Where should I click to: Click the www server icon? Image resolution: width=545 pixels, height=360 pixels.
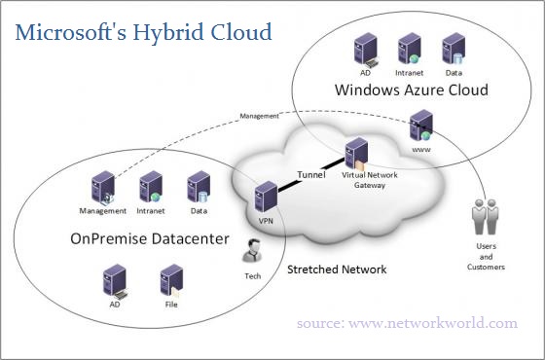(421, 125)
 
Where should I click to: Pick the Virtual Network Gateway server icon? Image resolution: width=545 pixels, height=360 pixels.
(356, 154)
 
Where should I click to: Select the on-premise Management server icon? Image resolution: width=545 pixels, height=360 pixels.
(102, 186)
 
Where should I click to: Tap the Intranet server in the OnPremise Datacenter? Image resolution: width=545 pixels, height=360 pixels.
(150, 186)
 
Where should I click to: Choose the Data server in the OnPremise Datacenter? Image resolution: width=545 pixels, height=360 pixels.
(199, 186)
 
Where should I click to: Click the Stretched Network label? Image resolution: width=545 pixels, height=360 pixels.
(337, 269)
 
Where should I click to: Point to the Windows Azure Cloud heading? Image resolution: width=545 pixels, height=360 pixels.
(411, 90)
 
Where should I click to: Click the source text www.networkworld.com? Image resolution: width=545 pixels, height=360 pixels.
(408, 323)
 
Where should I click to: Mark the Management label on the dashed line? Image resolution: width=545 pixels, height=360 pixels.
(259, 116)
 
